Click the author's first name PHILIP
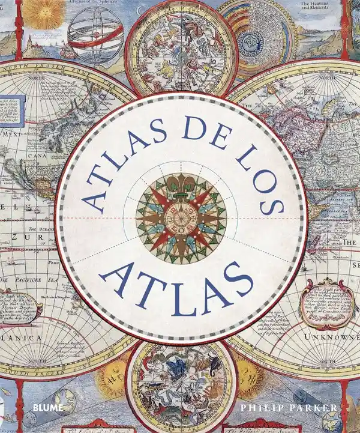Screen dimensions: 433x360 click(x=259, y=408)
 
